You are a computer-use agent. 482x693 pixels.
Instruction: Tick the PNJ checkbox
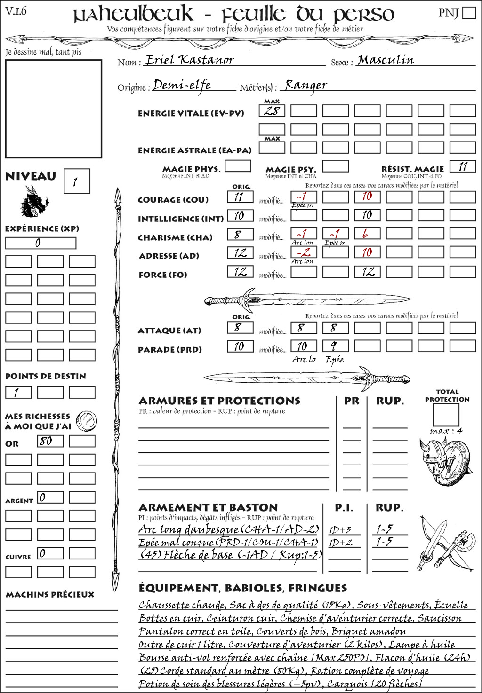[469, 13]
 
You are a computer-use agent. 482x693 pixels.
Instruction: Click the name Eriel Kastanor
[189, 60]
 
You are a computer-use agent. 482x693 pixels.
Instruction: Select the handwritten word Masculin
[386, 60]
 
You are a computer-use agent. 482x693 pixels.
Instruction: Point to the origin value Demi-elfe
[182, 85]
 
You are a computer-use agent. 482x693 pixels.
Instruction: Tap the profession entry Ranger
[305, 85]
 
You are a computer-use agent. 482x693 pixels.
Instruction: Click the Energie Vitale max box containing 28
[272, 111]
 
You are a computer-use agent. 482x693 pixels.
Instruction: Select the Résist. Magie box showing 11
[463, 166]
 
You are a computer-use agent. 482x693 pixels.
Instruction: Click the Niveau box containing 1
[76, 181]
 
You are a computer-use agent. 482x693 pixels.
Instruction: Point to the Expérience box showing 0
[40, 243]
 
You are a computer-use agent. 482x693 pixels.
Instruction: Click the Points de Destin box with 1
[18, 392]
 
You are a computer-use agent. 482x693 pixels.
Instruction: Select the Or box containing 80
[50, 441]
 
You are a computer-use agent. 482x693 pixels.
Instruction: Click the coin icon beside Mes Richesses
[87, 420]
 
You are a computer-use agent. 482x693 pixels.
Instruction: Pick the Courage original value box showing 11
[240, 197]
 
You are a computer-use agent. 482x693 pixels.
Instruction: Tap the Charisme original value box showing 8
[240, 234]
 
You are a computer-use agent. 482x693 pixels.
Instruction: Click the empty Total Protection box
[445, 415]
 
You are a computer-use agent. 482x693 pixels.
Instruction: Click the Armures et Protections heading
[219, 401]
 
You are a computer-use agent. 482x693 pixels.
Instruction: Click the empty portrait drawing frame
[53, 109]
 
